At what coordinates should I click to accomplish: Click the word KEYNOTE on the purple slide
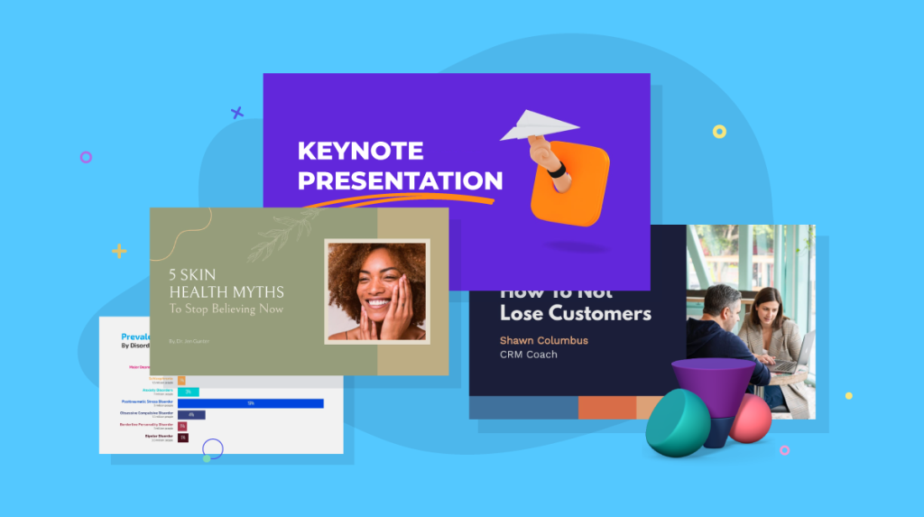[360, 150]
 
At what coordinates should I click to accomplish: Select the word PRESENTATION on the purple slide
[400, 180]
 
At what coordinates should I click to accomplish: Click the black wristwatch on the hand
[556, 170]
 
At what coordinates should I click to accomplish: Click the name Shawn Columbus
[543, 340]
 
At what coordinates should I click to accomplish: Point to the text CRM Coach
[529, 355]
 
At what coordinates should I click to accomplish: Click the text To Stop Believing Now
[226, 309]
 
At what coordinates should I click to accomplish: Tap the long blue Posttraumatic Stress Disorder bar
[250, 403]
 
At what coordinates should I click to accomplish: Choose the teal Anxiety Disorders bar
[188, 392]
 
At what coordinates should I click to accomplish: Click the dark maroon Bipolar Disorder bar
[182, 438]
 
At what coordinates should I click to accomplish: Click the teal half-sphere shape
[677, 426]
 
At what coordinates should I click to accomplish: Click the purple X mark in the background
[237, 113]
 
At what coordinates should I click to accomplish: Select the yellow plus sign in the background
[119, 251]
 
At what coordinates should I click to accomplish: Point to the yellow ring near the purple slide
[719, 132]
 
